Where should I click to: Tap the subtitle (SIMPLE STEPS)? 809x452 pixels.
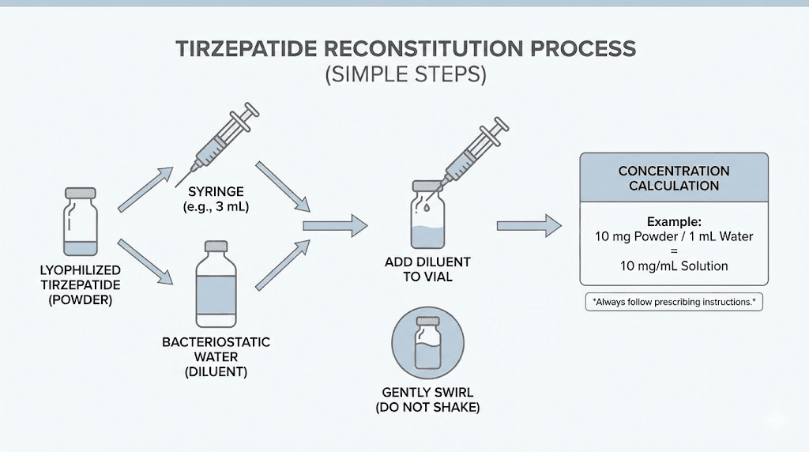[x=404, y=75]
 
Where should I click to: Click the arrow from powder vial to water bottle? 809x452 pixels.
[x=145, y=260]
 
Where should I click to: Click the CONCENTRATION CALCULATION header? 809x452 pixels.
[x=674, y=179]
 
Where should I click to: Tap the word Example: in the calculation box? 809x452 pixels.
[x=673, y=222]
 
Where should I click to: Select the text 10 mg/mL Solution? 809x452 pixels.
[x=674, y=266]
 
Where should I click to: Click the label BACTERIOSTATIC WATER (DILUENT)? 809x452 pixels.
[x=216, y=356]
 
